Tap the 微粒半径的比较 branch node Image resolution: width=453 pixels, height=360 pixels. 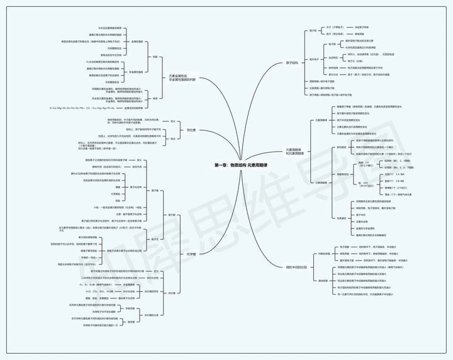coord(298,267)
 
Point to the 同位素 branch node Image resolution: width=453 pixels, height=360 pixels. coord(191,130)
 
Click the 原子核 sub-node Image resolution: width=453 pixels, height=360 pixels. coord(313,30)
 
